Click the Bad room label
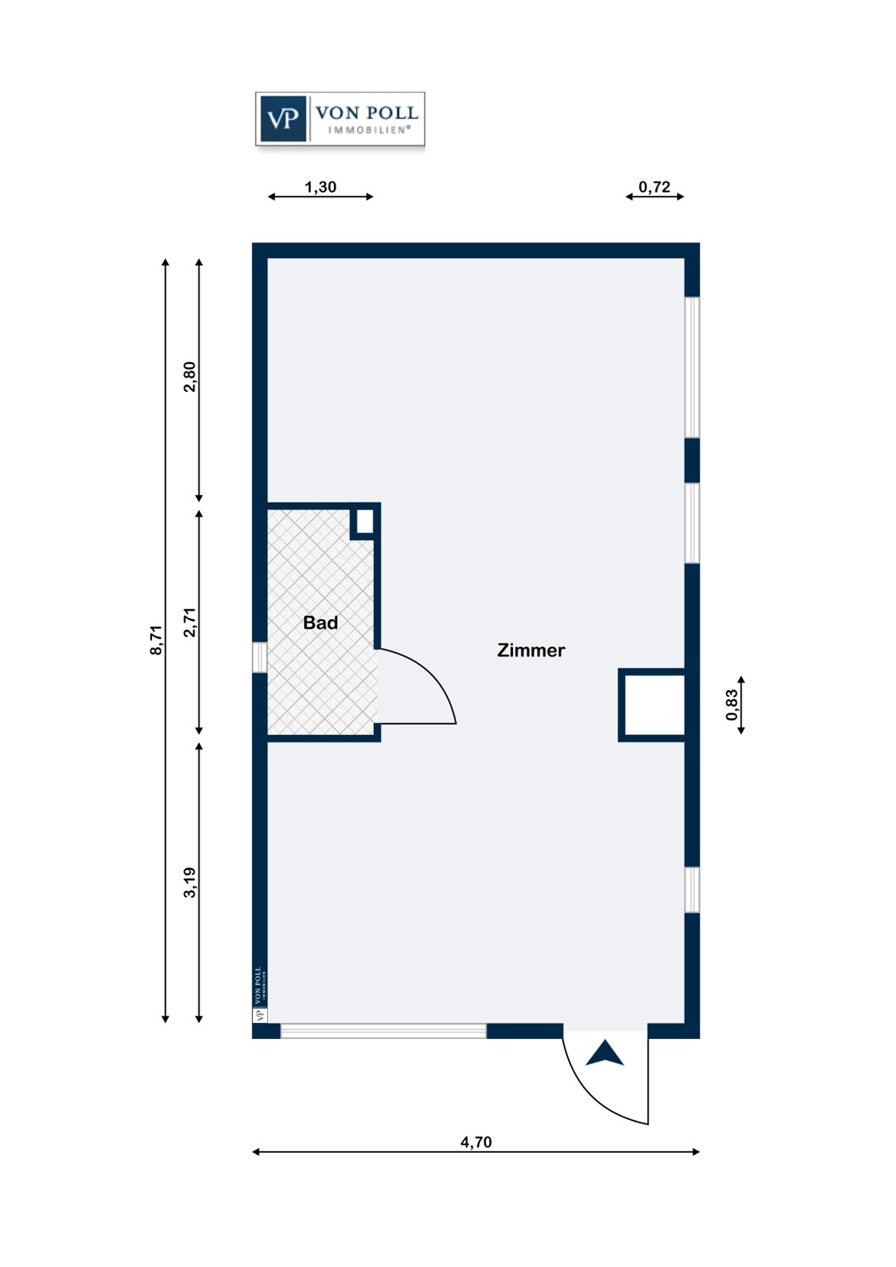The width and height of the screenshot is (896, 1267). click(x=320, y=623)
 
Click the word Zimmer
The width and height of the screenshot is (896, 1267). click(x=531, y=650)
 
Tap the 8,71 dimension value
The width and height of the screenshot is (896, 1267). click(x=156, y=639)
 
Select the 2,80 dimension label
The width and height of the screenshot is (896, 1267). click(x=189, y=377)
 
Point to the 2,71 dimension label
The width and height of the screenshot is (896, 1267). click(x=189, y=623)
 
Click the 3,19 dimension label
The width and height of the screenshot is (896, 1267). click(x=189, y=883)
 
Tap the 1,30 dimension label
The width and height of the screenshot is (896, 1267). click(x=320, y=187)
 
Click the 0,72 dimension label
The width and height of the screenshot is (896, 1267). click(x=654, y=187)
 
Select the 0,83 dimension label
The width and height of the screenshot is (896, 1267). click(x=732, y=704)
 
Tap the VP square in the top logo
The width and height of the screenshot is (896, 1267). click(x=283, y=119)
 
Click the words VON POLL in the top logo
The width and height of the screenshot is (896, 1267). click(x=367, y=112)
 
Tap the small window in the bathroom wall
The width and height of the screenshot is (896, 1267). click(x=260, y=657)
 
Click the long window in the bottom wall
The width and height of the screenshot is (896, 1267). click(x=383, y=1030)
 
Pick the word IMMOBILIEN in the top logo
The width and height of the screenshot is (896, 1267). click(x=369, y=130)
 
